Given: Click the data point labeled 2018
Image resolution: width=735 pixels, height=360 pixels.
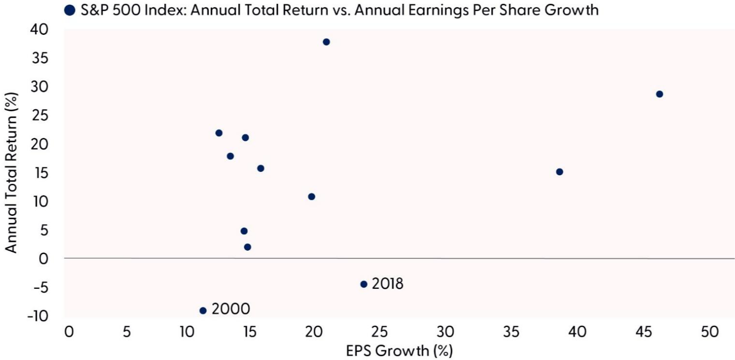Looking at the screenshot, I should (x=364, y=284).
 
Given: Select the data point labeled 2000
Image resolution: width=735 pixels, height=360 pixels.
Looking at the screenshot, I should (x=203, y=311).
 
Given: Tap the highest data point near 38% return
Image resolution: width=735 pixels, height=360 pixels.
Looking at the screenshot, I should (x=326, y=42).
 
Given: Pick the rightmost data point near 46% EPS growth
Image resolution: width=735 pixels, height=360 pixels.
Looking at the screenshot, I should (x=659, y=94).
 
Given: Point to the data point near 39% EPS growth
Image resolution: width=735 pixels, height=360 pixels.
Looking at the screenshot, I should (x=559, y=172).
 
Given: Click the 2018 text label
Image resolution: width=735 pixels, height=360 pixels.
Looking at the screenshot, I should (x=388, y=284).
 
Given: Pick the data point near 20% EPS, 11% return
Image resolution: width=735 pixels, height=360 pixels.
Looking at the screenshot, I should (x=312, y=196).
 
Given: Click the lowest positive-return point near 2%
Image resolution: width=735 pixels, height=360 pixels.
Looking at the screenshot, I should (x=247, y=247).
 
